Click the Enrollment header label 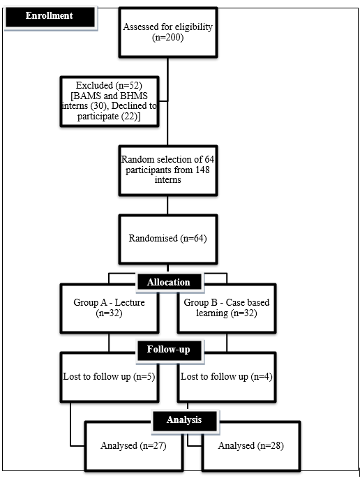coord(50,16)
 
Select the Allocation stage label coord(168,282)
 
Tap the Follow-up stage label coord(168,350)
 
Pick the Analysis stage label coord(184,420)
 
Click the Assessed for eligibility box coord(168,32)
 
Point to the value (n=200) coord(168,38)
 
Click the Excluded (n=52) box coord(110,101)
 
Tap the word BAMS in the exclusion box coord(87,96)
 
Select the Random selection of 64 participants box coord(168,170)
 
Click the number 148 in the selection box coord(202,170)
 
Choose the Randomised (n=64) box coord(168,239)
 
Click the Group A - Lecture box coord(110,309)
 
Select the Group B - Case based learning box coord(227,309)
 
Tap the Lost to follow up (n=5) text coord(109,377)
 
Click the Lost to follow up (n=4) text coord(226,377)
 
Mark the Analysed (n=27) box coord(134,446)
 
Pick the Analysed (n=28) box coord(251,446)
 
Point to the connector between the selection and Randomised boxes coord(168,205)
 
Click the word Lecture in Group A coord(130,302)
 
